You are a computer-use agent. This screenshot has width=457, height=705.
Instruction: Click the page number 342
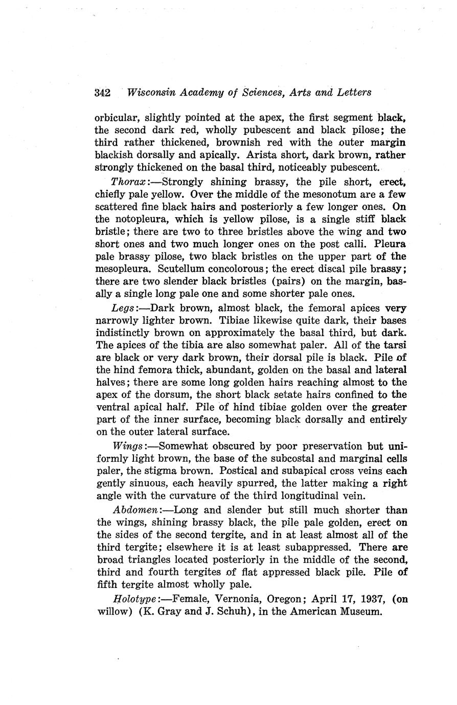tap(103, 92)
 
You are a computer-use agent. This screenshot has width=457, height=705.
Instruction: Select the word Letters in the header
tap(352, 92)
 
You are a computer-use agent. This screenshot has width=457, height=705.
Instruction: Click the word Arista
tap(262, 154)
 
